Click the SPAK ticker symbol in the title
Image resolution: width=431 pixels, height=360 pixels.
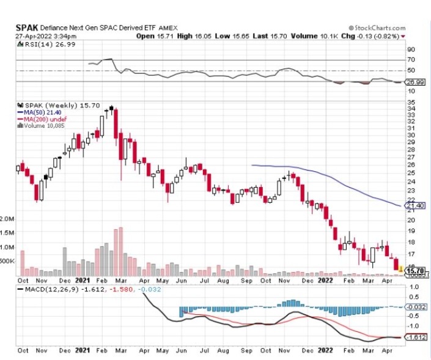tap(28, 28)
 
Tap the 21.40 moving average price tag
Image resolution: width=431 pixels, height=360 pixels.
tap(414, 205)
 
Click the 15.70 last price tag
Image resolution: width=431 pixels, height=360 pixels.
tap(415, 270)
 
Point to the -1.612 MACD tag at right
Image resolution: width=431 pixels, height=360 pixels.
tap(415, 337)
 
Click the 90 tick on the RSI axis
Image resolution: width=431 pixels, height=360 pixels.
tap(411, 50)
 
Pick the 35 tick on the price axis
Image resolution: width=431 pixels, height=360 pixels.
tap(411, 101)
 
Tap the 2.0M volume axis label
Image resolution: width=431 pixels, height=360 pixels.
tap(8, 218)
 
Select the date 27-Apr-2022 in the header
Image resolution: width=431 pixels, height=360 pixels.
tap(34, 36)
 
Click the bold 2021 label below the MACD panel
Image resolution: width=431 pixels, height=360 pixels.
tap(83, 351)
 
